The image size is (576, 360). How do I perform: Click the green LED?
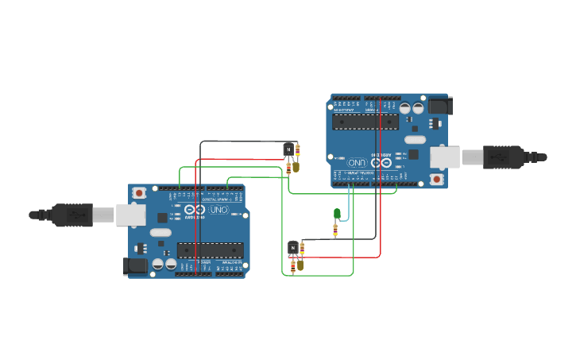coord(337,213)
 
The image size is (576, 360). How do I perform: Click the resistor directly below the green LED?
coord(335,230)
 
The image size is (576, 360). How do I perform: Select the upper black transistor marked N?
coord(288,149)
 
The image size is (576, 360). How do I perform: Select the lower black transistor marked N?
coord(292,248)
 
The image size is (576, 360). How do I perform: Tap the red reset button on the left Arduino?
coord(139,192)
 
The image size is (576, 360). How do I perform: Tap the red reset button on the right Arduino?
coord(436,180)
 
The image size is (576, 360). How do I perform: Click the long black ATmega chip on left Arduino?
coord(210,250)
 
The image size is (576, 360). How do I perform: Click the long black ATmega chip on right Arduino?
coord(365,122)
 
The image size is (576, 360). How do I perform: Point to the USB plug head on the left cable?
coord(72,215)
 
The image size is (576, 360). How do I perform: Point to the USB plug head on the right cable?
coord(504,157)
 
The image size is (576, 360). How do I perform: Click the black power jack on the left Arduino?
coord(137,266)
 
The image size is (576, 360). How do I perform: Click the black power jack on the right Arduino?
coord(439,106)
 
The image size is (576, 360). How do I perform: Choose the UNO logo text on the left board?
coord(219,210)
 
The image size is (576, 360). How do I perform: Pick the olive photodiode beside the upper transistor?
coord(296,167)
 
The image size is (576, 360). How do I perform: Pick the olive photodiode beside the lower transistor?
coord(300,265)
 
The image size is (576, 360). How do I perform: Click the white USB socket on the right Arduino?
coord(445,157)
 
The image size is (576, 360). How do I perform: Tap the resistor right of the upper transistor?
coord(298,149)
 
